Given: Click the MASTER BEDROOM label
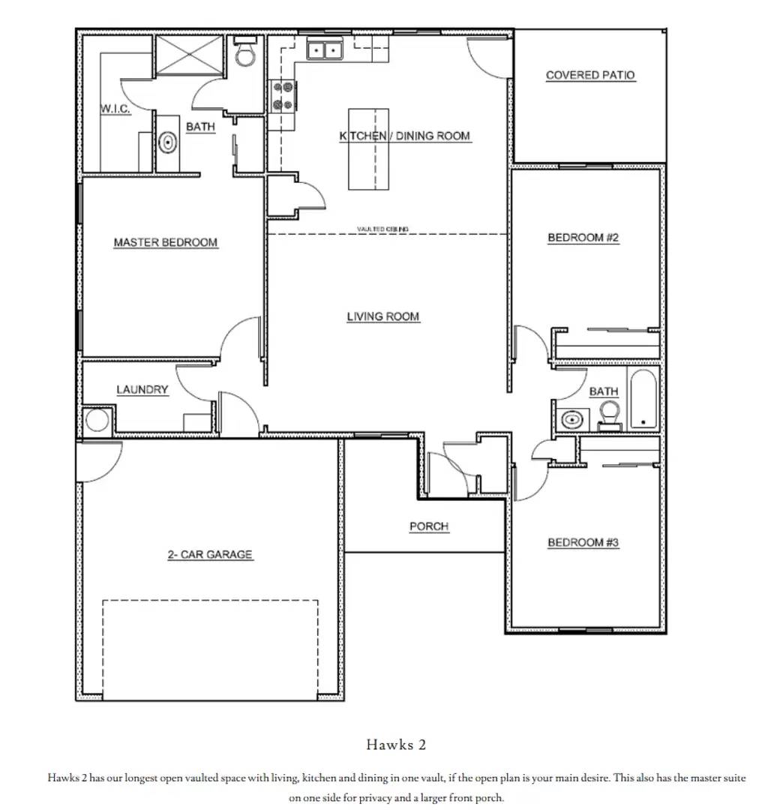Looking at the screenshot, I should click(x=166, y=242).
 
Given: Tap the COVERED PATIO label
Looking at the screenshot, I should click(x=589, y=75).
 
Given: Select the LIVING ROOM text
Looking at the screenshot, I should click(x=382, y=316).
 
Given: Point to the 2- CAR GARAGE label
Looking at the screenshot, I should click(x=210, y=554).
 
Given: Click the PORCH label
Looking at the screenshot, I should click(x=429, y=526).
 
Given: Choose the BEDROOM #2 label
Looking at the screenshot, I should click(x=583, y=238).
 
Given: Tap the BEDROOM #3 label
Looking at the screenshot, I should click(x=583, y=542).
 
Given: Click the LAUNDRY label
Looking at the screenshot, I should click(x=142, y=390).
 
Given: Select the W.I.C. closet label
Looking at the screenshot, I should click(x=115, y=109).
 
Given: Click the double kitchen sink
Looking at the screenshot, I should click(x=325, y=50).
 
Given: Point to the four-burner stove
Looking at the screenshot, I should click(x=282, y=95).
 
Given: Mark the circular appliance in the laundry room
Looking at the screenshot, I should click(x=97, y=420).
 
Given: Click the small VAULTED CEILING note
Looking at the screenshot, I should click(x=382, y=229).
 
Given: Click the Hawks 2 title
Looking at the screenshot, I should click(x=396, y=745).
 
